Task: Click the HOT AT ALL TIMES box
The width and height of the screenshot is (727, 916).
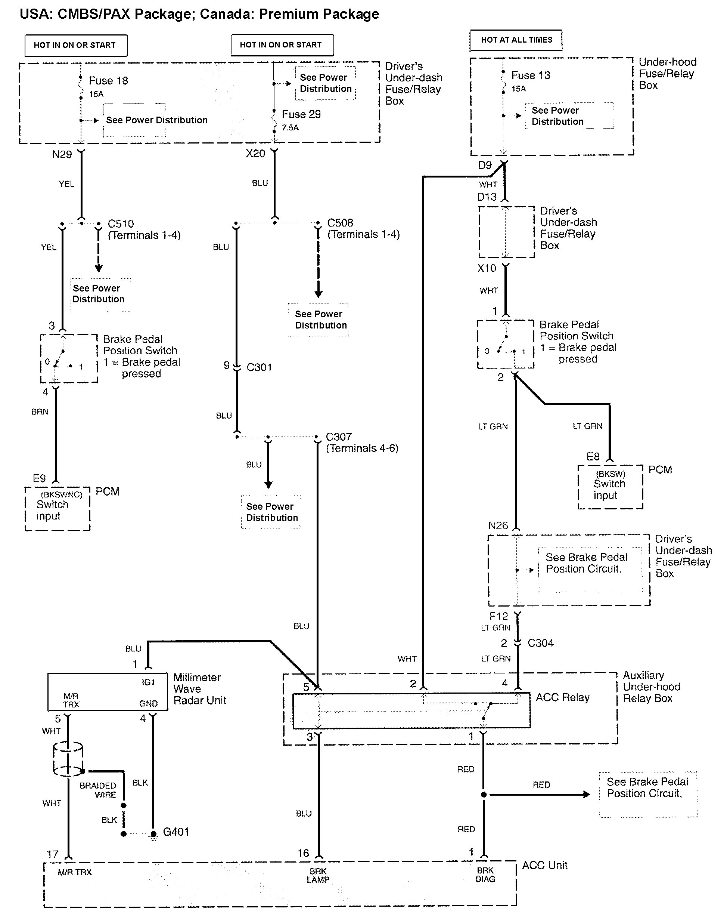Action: pos(516,40)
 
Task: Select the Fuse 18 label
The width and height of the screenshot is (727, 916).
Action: pos(108,81)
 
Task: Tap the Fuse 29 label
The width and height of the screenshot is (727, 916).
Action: pos(301,114)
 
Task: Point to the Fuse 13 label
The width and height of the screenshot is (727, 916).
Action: pos(531,75)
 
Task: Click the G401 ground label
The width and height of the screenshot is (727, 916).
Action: pos(176,832)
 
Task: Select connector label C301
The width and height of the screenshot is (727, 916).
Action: pos(259,367)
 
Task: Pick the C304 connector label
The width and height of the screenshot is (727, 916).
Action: pos(540,643)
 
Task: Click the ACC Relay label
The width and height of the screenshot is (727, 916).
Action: pos(562,697)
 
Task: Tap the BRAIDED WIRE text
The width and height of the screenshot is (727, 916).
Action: pos(98,790)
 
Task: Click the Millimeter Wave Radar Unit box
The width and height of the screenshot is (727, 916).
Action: pos(108,692)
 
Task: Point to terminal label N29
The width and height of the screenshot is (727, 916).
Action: pos(62,155)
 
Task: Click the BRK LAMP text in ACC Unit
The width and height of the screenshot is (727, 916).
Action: pos(318,875)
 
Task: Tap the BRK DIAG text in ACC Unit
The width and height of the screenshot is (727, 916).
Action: pos(485,875)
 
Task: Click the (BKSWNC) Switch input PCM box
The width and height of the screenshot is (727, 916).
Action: pos(58,509)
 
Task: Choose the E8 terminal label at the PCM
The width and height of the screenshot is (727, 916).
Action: pos(593,457)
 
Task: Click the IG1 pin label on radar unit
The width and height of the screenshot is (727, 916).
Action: pos(148,682)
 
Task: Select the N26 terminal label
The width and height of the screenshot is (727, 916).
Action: pos(498,525)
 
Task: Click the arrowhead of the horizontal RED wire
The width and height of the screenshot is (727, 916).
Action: pos(587,795)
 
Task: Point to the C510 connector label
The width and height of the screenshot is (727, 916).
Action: pos(121,224)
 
